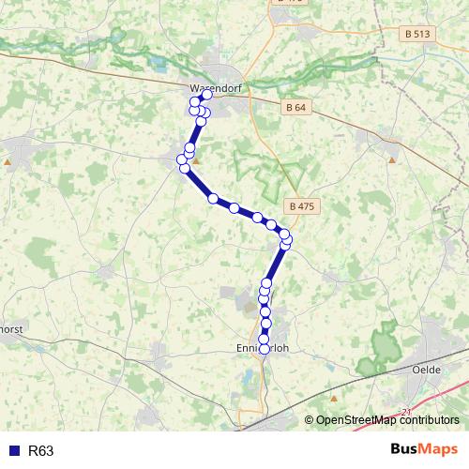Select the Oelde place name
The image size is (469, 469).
[428, 370]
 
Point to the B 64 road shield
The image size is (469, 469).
[295, 108]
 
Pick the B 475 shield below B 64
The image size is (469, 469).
[300, 206]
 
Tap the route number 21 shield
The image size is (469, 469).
[405, 412]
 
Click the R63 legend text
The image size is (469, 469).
[41, 451]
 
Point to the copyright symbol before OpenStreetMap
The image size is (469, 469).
[309, 420]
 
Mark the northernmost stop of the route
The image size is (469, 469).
[207, 95]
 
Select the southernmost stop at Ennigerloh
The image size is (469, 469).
[264, 350]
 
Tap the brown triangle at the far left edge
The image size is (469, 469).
[8, 162]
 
